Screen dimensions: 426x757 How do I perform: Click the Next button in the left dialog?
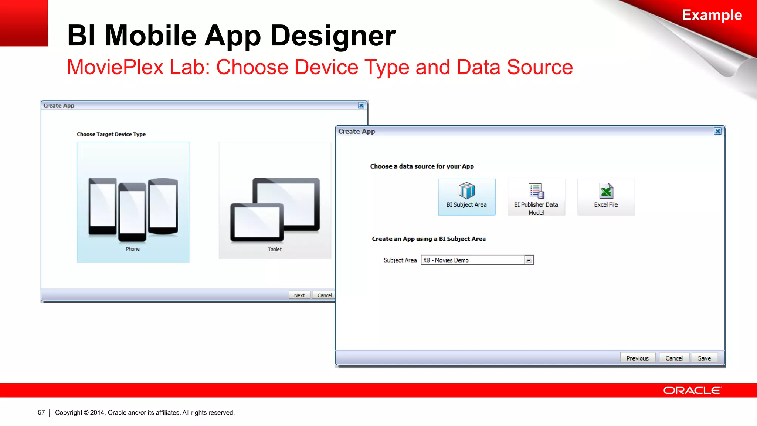299,295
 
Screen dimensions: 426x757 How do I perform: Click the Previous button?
637,358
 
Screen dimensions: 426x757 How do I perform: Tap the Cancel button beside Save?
674,358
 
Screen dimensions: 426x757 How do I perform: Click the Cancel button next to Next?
324,295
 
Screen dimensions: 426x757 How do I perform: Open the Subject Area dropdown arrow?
529,260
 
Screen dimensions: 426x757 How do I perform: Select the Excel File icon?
606,191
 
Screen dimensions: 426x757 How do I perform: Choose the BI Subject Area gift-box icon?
466,191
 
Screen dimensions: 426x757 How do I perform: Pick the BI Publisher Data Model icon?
536,191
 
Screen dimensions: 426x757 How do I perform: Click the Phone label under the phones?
133,249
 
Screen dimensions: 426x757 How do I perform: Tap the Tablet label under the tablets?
275,249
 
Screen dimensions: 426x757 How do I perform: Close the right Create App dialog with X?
717,131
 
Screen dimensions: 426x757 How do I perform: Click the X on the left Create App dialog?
361,105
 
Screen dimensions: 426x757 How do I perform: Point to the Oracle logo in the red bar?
692,390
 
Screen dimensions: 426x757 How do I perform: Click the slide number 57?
41,412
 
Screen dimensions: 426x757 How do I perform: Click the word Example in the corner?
712,15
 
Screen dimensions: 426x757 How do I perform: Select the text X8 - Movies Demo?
446,260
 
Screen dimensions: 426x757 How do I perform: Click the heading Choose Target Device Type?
111,134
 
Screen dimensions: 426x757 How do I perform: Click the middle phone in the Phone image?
132,212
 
